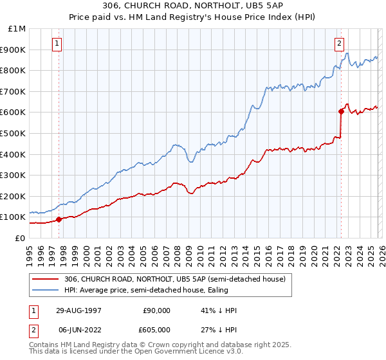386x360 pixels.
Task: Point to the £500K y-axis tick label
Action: point(13,134)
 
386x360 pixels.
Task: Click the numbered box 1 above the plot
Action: point(57,44)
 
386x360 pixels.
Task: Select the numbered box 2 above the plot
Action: point(338,44)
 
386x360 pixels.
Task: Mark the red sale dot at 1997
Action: point(59,219)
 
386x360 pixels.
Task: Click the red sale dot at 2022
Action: point(341,111)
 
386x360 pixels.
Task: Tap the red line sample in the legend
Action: point(46,279)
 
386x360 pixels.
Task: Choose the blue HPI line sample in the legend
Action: point(46,290)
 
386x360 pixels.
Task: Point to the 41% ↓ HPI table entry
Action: point(220,310)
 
